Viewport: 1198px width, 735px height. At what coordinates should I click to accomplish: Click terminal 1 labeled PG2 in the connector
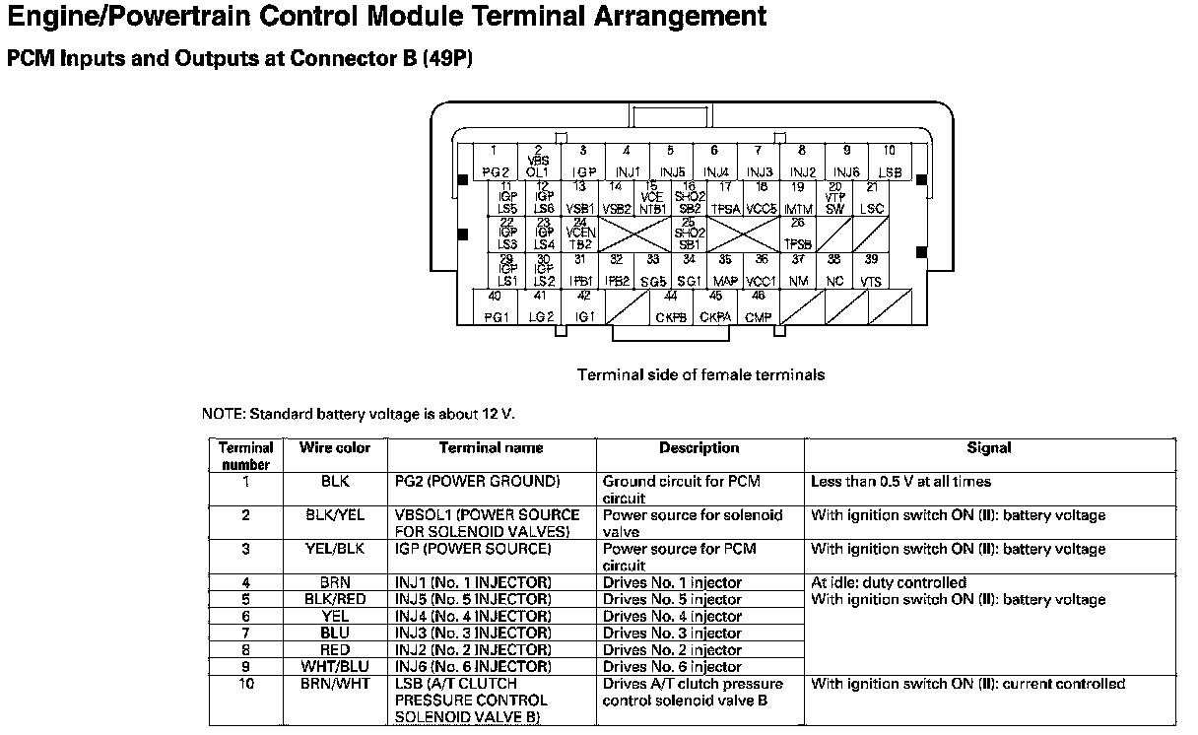(x=496, y=163)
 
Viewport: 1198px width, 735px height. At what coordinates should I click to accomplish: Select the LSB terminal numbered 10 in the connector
(x=889, y=163)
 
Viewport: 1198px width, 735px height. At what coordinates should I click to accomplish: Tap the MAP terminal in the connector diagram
(x=725, y=271)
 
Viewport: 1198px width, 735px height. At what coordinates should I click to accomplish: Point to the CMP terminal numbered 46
(x=759, y=306)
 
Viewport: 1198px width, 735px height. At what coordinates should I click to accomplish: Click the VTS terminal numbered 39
(x=871, y=271)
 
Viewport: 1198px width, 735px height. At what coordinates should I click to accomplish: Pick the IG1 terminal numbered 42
(x=584, y=306)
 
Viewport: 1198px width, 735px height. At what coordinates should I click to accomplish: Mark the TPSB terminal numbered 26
(x=798, y=234)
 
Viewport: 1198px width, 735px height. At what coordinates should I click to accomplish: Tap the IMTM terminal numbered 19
(x=798, y=198)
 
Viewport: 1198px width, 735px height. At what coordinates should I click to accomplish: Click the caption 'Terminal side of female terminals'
(x=700, y=374)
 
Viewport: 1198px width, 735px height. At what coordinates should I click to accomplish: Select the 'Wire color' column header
(x=335, y=447)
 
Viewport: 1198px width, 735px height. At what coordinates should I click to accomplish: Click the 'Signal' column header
(x=988, y=447)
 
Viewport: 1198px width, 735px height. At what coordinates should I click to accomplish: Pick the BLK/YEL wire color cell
(x=335, y=515)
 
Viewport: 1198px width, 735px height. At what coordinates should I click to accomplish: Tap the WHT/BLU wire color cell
(x=335, y=667)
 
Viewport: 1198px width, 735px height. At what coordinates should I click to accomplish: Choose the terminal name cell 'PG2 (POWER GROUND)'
(x=478, y=482)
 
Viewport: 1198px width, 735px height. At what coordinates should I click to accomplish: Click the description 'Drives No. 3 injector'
(x=672, y=634)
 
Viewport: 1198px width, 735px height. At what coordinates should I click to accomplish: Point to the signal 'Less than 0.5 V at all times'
(x=900, y=482)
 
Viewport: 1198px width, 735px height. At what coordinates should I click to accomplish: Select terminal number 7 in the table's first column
(x=245, y=634)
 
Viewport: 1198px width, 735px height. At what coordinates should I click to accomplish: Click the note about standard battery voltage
(x=359, y=414)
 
